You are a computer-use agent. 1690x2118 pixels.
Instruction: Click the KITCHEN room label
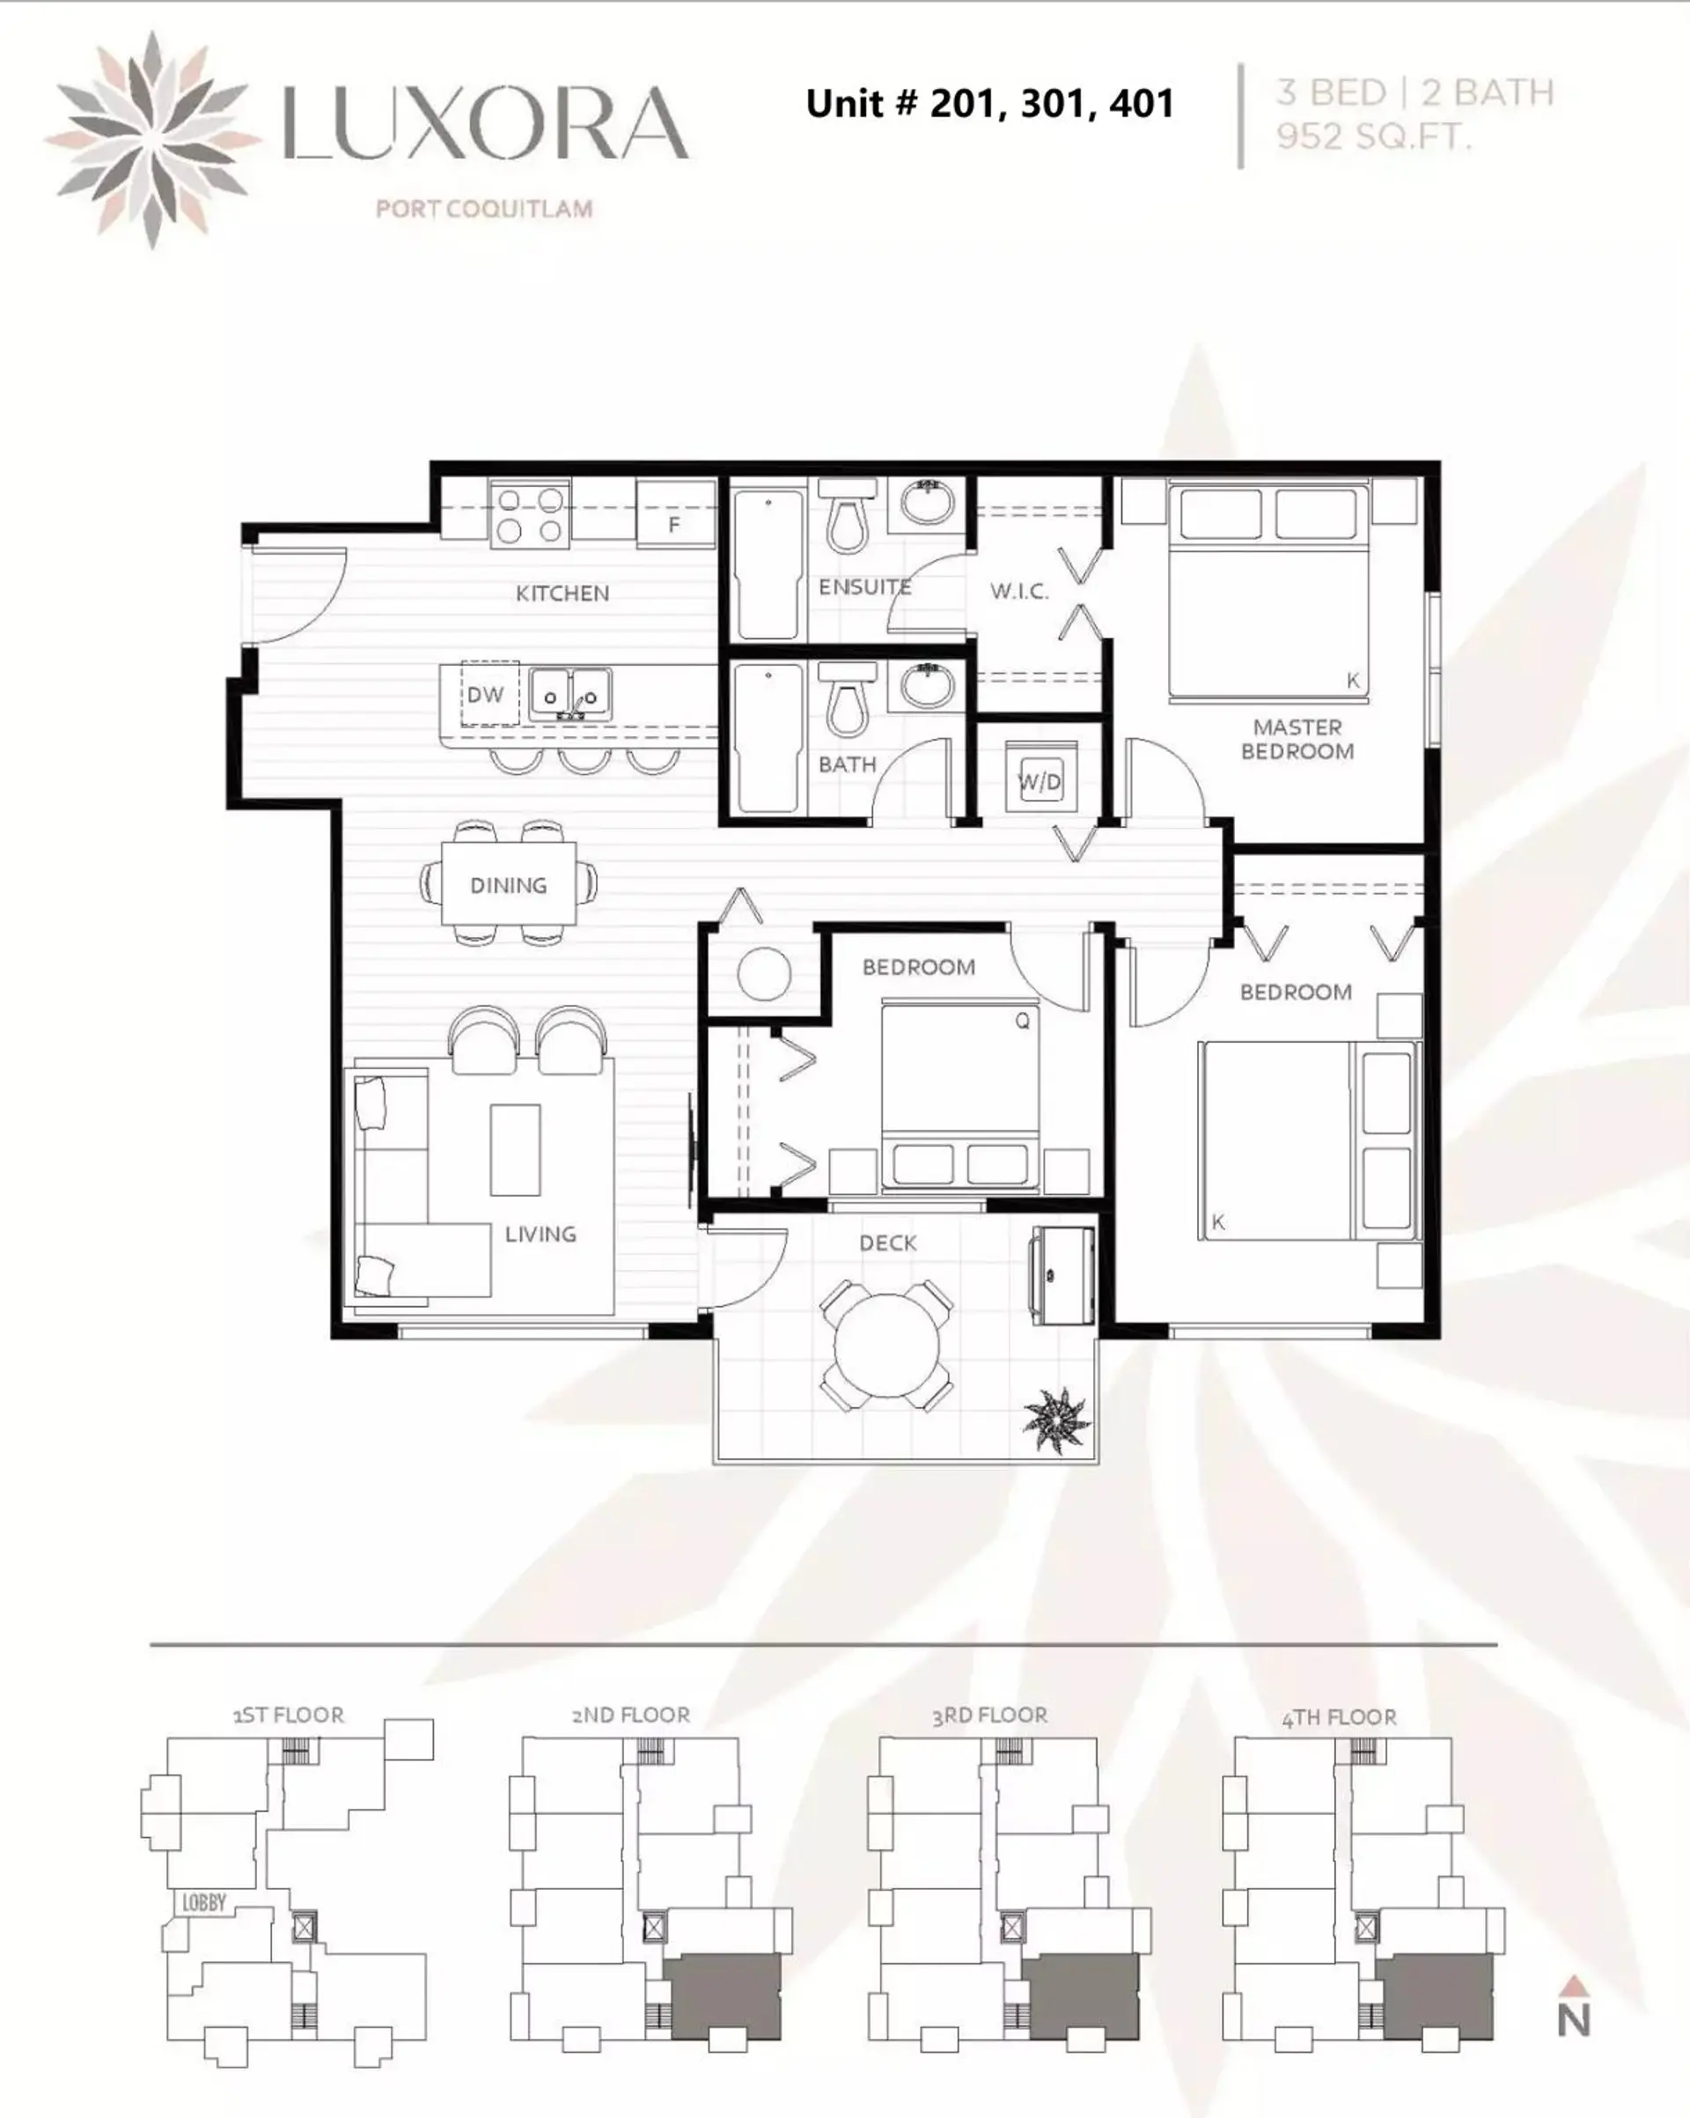coord(562,594)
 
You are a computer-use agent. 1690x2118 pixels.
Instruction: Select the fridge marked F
coord(674,513)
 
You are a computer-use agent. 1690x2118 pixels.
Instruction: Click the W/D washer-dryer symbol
coord(1040,781)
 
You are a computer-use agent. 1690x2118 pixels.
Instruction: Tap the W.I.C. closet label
coord(1019,592)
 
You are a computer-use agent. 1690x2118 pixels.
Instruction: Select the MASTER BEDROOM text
coord(1297,739)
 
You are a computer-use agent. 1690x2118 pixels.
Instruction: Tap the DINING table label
coord(508,885)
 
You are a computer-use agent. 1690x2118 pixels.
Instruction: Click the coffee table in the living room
coord(515,1148)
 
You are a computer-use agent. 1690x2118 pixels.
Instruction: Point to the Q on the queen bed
coord(1022,1021)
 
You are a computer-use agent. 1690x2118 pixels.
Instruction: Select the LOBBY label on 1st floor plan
coord(204,1903)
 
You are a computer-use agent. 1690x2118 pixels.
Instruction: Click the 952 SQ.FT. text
coord(1374,137)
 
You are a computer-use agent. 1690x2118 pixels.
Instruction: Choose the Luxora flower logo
coord(151,138)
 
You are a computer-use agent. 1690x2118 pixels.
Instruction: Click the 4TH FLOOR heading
coord(1339,1717)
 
